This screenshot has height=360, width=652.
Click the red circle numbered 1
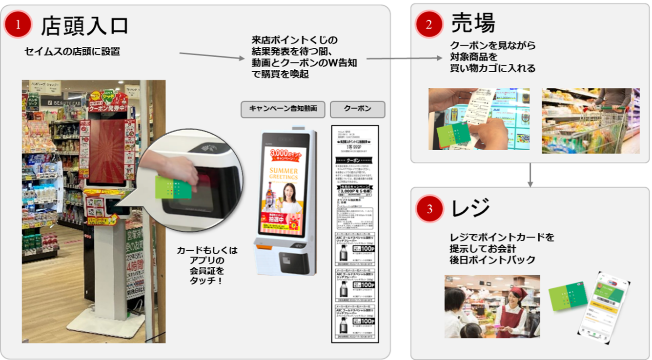point(18,25)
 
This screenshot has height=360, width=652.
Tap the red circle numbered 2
point(429,25)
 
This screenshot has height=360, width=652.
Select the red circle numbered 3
point(429,209)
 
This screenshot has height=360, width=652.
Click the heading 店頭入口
point(84,25)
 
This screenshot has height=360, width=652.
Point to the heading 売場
point(473,23)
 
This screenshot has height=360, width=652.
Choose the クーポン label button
point(357,109)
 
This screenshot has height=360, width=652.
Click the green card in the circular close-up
point(172,187)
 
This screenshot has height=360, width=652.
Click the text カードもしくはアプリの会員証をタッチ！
point(207,266)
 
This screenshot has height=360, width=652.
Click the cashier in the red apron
point(512,307)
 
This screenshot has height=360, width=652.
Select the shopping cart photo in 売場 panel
point(590,120)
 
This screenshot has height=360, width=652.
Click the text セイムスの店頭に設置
point(72,51)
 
